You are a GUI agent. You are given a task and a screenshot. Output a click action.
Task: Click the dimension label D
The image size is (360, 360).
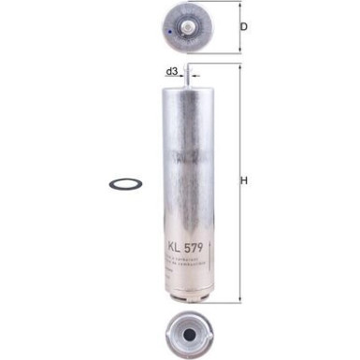click(244, 26)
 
